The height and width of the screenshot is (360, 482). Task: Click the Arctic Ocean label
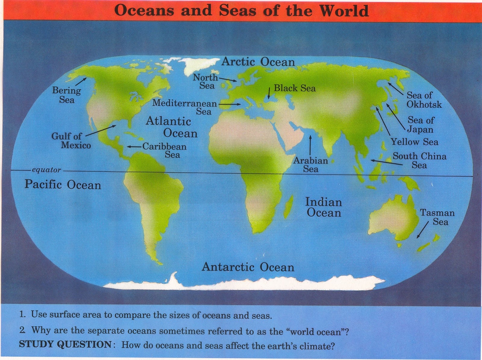click(x=258, y=62)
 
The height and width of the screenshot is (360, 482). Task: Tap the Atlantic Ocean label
click(x=172, y=127)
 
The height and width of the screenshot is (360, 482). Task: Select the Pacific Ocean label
click(x=63, y=184)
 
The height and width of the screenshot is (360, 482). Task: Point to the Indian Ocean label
click(x=324, y=207)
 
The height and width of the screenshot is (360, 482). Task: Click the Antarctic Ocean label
click(x=248, y=267)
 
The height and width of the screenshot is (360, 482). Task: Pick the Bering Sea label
click(x=67, y=95)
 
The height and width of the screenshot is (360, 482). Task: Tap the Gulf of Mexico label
click(x=71, y=141)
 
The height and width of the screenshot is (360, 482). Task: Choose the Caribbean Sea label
click(x=164, y=150)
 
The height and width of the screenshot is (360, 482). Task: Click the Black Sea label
click(x=295, y=88)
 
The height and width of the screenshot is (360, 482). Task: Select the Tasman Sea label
click(x=437, y=217)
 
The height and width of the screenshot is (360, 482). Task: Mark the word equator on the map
click(x=46, y=170)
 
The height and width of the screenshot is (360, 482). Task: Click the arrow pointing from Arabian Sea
click(x=310, y=146)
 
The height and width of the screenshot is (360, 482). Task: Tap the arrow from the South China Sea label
click(x=387, y=163)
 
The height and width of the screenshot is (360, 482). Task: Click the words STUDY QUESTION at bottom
click(x=65, y=344)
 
